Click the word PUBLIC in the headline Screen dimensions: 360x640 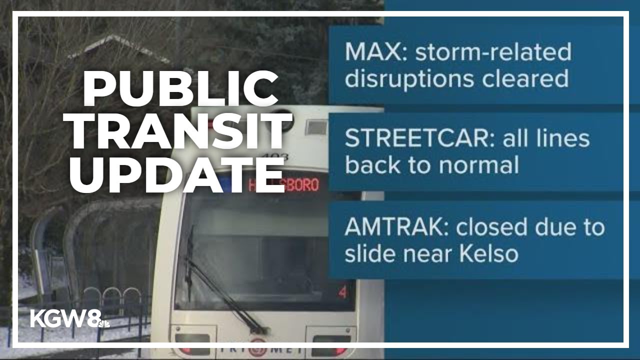180,88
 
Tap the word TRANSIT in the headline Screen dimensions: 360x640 180,131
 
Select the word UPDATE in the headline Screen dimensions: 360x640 177,174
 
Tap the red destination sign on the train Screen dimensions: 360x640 283,184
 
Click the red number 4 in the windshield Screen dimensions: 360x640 342,292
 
